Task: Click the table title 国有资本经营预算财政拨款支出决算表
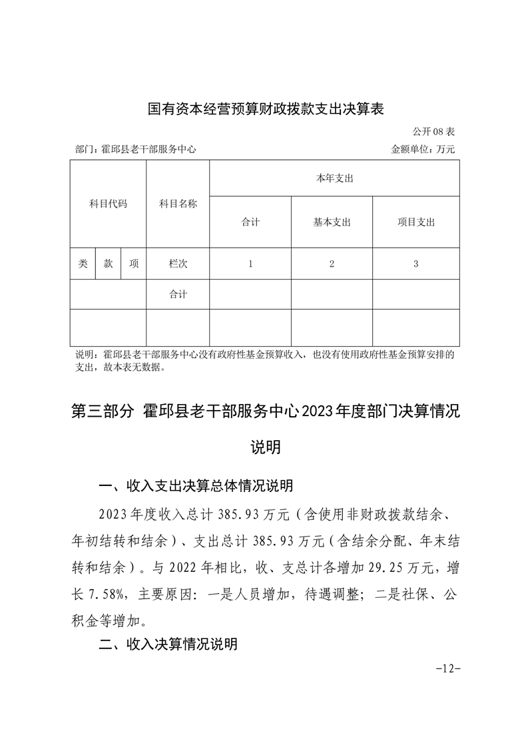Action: (x=266, y=109)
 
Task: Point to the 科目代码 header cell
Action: (x=108, y=204)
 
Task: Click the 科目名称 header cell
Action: (x=178, y=204)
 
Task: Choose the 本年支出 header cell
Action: (x=334, y=178)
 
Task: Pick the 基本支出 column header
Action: (x=332, y=222)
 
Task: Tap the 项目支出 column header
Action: (x=415, y=222)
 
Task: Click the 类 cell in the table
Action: (x=83, y=264)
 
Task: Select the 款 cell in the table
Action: (x=108, y=264)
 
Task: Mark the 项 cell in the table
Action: (x=134, y=264)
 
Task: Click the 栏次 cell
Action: (x=178, y=264)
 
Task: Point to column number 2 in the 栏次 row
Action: (x=332, y=264)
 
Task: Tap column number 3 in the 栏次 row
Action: (x=415, y=264)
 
